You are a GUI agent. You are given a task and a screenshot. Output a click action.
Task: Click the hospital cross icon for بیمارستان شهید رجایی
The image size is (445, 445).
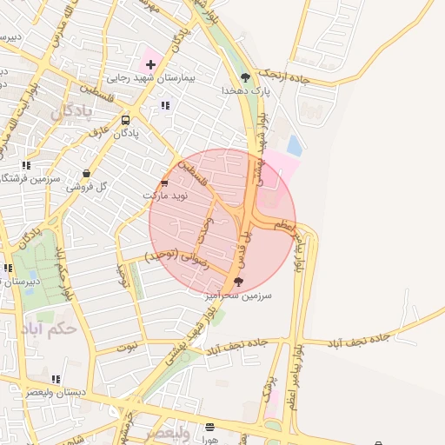click(150, 64)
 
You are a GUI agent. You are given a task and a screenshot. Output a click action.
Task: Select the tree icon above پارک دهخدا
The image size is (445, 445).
click(246, 76)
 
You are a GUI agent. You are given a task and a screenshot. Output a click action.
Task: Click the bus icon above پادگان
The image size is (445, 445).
click(125, 121)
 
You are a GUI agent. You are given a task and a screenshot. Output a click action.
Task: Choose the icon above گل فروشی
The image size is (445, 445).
click(86, 174)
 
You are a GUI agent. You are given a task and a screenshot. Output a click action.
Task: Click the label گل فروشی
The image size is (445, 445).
click(90, 187)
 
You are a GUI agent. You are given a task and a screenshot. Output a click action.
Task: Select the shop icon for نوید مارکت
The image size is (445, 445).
click(164, 183)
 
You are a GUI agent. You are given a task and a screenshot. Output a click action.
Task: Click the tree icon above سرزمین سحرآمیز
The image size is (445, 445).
click(239, 282)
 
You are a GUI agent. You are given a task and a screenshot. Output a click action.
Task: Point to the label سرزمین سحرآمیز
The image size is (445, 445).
click(240, 296)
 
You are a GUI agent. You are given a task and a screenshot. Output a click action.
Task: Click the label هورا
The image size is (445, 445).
click(209, 440)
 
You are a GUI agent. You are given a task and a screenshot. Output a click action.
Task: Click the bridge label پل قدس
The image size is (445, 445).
click(246, 242)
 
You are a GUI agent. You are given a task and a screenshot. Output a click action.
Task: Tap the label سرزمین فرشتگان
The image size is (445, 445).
click(30, 178)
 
